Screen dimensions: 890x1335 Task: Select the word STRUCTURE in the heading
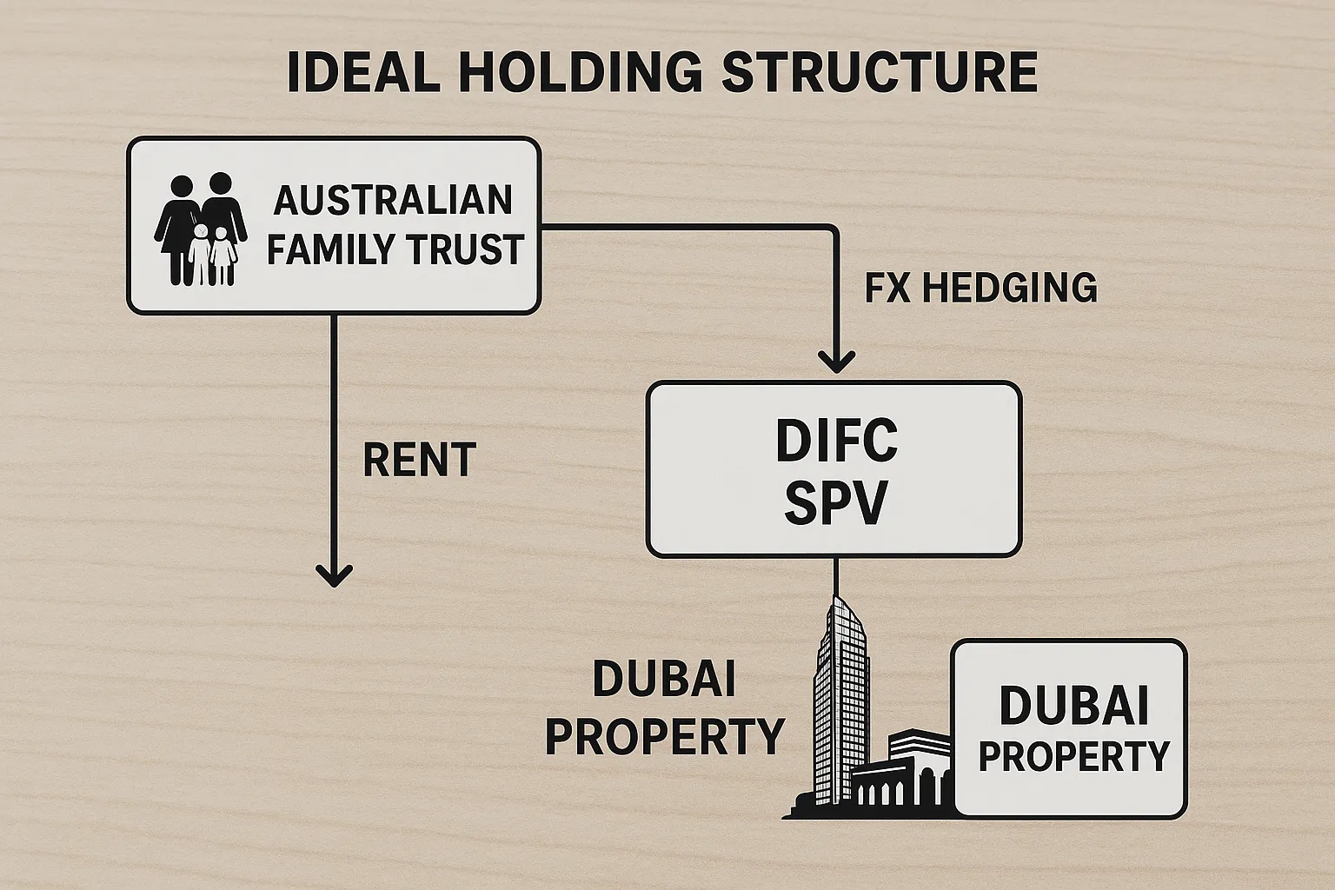[x=880, y=72]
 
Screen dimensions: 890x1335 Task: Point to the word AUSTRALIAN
[x=393, y=201]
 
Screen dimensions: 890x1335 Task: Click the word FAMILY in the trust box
[x=329, y=249]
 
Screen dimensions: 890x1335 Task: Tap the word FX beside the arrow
[x=887, y=288]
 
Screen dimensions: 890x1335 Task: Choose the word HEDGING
[x=1009, y=288]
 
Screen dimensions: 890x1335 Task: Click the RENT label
[x=419, y=460]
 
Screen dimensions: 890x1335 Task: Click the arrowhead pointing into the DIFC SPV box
[x=836, y=361]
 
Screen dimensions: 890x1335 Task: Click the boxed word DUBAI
[x=1073, y=705]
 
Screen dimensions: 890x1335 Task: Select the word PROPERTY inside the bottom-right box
[x=1073, y=756]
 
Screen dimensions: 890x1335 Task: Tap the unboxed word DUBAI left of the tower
[x=663, y=679]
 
